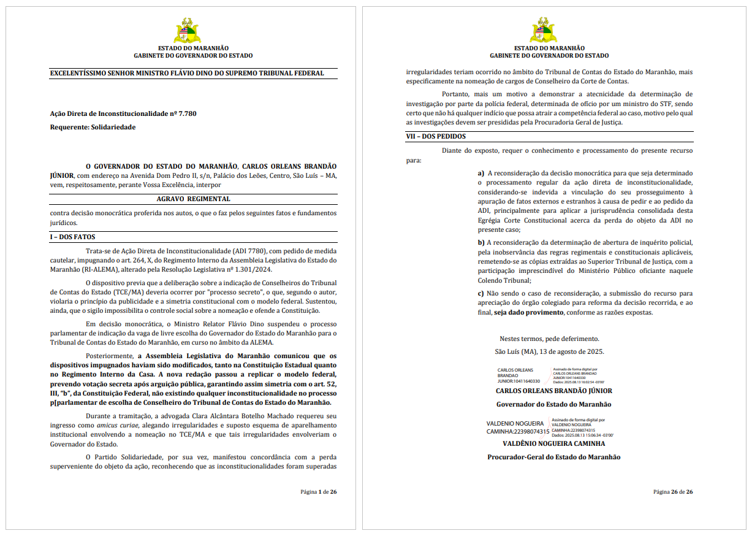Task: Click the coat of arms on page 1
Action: [187, 30]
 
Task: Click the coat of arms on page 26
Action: [543, 30]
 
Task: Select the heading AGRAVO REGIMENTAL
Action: [193, 199]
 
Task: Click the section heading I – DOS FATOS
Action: [72, 237]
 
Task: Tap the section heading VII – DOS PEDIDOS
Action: [435, 137]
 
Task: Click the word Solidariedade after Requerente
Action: [113, 127]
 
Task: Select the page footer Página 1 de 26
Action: [318, 492]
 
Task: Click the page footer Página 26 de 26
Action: [673, 492]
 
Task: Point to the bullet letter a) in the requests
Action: [481, 174]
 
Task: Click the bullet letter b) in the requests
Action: [481, 243]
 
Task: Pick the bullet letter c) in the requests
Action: [481, 294]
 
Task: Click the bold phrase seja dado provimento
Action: [528, 312]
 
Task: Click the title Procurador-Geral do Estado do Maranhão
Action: [553, 457]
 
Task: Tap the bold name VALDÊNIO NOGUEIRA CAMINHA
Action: [553, 443]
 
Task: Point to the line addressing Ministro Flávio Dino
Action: [187, 74]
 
